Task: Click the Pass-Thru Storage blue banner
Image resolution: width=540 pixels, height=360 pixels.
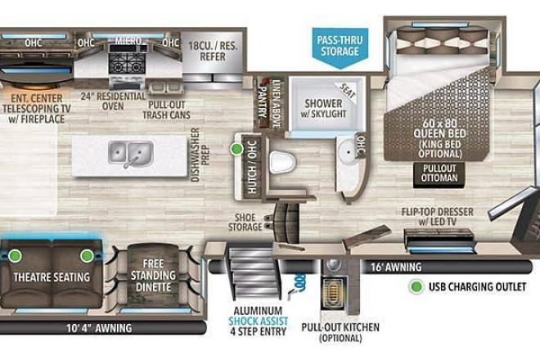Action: click(x=340, y=47)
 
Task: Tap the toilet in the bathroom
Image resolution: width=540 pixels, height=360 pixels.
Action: click(x=282, y=162)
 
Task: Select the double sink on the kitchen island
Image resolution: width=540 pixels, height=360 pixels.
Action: click(x=131, y=153)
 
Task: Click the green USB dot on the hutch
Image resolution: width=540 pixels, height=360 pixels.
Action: click(x=236, y=149)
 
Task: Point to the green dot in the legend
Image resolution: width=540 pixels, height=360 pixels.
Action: click(x=416, y=286)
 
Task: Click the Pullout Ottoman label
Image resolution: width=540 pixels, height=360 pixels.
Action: click(x=439, y=173)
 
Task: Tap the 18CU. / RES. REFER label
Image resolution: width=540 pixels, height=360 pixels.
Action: click(x=213, y=51)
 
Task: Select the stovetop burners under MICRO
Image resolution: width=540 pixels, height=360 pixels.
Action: click(x=127, y=63)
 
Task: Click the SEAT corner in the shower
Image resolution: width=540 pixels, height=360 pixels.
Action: click(x=348, y=90)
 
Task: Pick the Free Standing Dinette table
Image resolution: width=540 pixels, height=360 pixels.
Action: click(x=153, y=276)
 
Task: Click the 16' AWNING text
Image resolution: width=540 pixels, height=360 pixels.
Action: click(x=396, y=267)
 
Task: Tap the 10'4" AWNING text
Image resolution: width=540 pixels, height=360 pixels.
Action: click(x=99, y=328)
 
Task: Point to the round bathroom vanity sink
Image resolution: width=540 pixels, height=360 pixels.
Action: click(x=348, y=151)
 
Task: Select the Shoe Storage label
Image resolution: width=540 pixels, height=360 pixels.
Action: click(x=245, y=223)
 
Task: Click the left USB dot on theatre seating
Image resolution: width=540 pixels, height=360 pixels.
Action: click(x=15, y=256)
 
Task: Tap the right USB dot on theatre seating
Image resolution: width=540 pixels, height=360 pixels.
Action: click(x=87, y=256)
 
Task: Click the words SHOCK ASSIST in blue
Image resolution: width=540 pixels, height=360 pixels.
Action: click(x=259, y=321)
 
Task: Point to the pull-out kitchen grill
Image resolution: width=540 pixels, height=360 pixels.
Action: click(x=332, y=293)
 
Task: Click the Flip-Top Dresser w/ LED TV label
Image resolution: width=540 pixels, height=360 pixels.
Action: click(x=438, y=217)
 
